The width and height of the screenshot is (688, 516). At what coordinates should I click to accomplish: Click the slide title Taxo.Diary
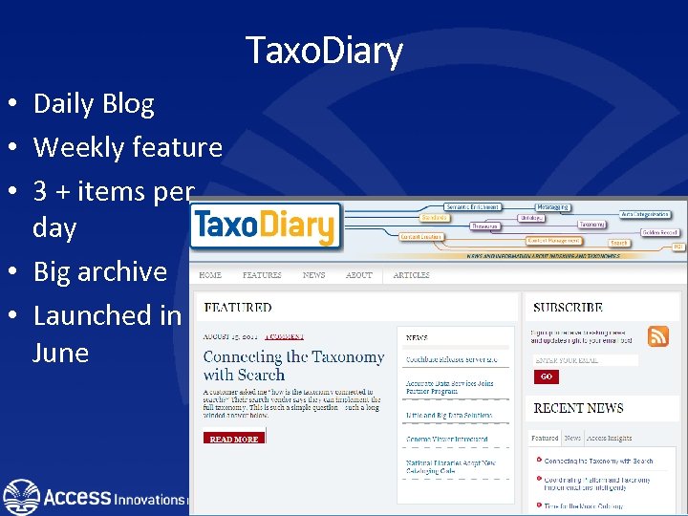point(324,50)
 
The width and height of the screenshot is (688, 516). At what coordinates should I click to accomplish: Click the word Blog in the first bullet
point(128,103)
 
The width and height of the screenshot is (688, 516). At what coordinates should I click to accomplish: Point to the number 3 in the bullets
point(40,191)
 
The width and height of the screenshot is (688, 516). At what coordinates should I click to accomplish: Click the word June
point(60,353)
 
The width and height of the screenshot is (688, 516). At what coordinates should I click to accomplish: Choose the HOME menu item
point(210,275)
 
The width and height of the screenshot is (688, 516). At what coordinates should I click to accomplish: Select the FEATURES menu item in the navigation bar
point(262,275)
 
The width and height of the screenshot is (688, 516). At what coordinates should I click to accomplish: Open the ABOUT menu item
point(358,275)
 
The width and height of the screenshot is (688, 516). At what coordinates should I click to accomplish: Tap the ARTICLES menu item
point(412,275)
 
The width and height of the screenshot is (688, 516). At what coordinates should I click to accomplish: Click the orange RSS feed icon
point(658,336)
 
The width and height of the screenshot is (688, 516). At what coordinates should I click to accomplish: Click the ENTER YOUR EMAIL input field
point(586,360)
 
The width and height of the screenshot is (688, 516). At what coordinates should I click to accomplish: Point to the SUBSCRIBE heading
point(568,308)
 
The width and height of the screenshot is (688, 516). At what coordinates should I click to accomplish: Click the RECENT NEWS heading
point(578,408)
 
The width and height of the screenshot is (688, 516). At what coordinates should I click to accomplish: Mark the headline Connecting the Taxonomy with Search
point(293,365)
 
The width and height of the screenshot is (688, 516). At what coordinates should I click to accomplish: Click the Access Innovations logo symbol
point(21,497)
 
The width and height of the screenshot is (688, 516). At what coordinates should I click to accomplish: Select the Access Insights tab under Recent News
point(610,438)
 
